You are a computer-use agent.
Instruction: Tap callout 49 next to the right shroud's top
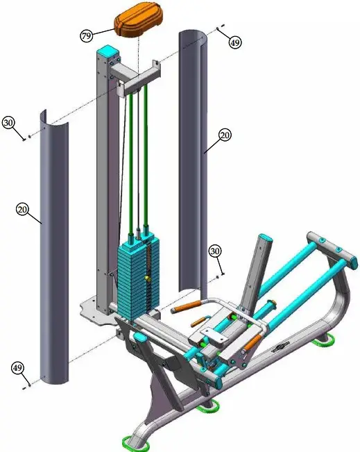(236, 42)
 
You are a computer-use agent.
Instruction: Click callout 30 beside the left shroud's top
(9, 122)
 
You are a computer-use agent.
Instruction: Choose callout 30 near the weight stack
(216, 251)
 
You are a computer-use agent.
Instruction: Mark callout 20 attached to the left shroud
(22, 208)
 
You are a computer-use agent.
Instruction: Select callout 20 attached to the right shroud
(224, 135)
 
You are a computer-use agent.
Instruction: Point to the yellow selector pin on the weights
(148, 278)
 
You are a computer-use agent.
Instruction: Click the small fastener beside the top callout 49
(220, 28)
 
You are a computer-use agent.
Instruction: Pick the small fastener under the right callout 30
(221, 274)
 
